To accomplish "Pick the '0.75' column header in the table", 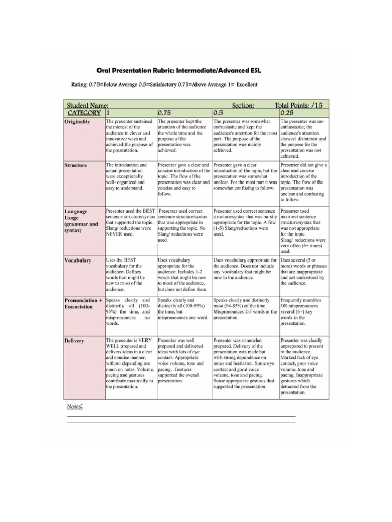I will [x=164, y=113].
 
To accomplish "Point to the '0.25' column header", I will [x=287, y=113].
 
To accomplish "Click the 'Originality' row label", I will [x=78, y=122].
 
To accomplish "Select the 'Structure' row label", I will [x=76, y=166].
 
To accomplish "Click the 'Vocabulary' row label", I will [x=78, y=260].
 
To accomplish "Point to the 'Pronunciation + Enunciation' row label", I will [x=83, y=304].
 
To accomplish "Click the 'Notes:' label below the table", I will [x=75, y=406].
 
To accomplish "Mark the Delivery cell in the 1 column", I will [x=130, y=363].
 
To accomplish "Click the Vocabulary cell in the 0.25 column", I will [x=303, y=271].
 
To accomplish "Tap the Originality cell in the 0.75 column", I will [x=183, y=136].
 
